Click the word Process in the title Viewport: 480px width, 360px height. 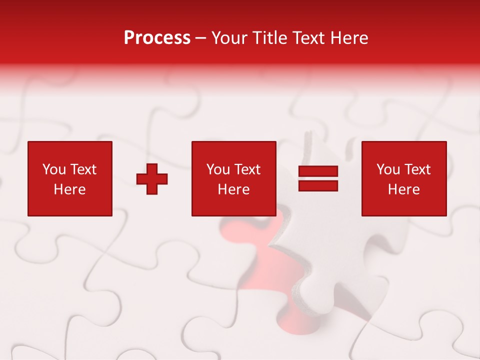(157, 38)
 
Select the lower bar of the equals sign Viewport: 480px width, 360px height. (318, 185)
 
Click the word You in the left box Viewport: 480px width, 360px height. (54, 169)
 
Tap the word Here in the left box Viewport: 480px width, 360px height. (69, 189)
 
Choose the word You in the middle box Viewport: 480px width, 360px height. (218, 169)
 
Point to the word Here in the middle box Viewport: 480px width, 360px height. (233, 189)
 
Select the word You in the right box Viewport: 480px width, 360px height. (388, 169)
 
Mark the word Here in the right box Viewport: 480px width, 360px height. (403, 189)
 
